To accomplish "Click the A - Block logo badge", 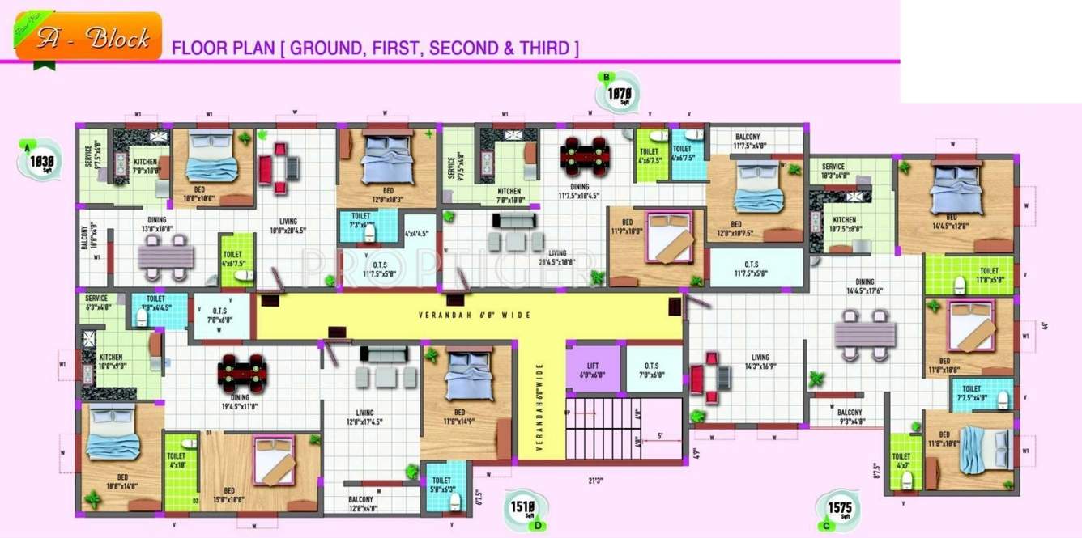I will point(88,37).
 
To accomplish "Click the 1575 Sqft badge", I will point(838,508).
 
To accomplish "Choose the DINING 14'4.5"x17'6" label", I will point(865,286).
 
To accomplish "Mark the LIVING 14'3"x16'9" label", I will point(760,362).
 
